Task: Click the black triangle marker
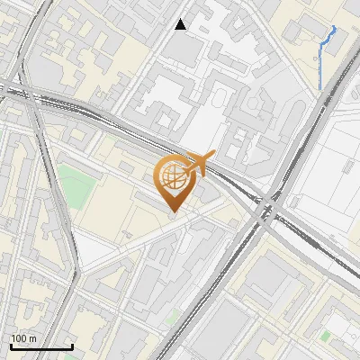pos(181,24)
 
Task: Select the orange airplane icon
pos(199,164)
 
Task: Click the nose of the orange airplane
pos(215,157)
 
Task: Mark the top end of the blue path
pos(335,27)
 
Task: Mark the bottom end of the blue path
pos(319,88)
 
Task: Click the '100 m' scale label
pos(24,338)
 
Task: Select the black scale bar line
pos(41,346)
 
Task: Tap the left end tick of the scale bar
pos(11,345)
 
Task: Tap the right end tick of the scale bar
pos(72,345)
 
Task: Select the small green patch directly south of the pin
pos(173,315)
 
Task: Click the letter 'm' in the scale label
pos(33,338)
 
